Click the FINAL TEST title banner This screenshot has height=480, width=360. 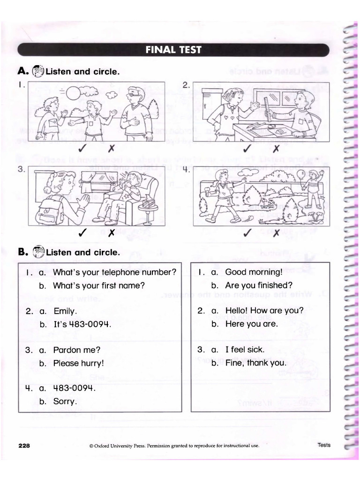(173, 50)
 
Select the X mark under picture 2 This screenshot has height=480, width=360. (276, 149)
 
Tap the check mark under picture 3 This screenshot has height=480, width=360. (82, 232)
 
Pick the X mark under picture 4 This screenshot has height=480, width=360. (276, 232)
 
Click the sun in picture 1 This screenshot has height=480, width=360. (74, 93)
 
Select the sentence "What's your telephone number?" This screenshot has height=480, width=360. (115, 272)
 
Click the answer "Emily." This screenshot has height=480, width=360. (65, 311)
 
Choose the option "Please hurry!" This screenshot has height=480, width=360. (78, 363)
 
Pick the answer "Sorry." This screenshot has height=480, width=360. (65, 401)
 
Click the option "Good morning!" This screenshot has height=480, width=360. (254, 272)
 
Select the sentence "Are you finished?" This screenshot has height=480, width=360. (259, 285)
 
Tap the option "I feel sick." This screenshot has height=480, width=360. (245, 349)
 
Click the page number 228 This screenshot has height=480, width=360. (24, 446)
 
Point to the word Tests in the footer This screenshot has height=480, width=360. (323, 445)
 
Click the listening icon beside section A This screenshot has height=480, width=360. (37, 71)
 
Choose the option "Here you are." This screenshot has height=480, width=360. (251, 324)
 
